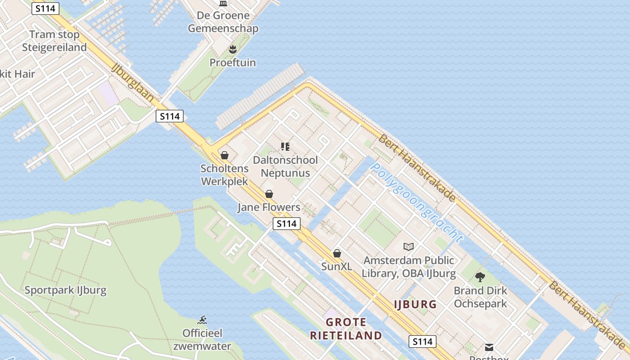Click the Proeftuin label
233,63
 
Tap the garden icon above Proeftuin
233,49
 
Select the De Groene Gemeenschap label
223,22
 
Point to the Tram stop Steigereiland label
54,41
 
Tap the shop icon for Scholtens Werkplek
224,155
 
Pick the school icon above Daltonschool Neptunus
285,146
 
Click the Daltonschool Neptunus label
285,166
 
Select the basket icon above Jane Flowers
269,194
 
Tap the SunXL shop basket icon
337,253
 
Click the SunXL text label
337,266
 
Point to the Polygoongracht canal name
416,202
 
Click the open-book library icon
409,247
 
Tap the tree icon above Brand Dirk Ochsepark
480,277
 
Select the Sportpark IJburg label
66,290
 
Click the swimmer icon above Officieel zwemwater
202,320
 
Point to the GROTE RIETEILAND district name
346,329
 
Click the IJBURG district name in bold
415,304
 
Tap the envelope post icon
489,347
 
